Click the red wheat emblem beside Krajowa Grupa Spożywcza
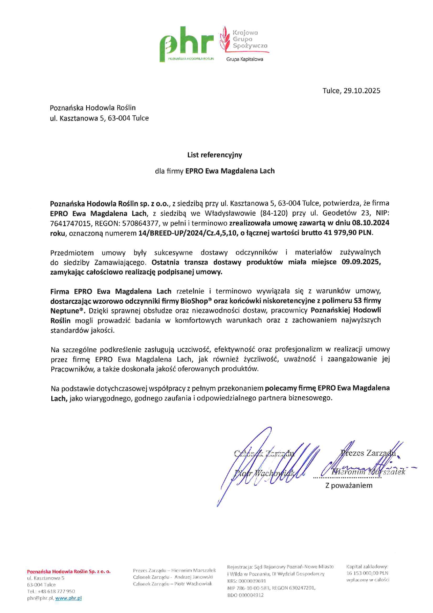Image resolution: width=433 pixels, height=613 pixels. coord(225,39)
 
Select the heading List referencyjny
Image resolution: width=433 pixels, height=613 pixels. coord(214,155)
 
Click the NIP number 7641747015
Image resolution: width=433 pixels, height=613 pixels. coord(69,223)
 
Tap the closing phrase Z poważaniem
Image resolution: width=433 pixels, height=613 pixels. coord(348,485)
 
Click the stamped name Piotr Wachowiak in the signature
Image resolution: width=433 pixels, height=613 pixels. coord(264,473)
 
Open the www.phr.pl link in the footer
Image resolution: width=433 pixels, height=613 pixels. coord(68,598)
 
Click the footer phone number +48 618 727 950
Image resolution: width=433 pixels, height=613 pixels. coord(56,591)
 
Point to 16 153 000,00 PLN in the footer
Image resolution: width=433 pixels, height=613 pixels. coord(367,573)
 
